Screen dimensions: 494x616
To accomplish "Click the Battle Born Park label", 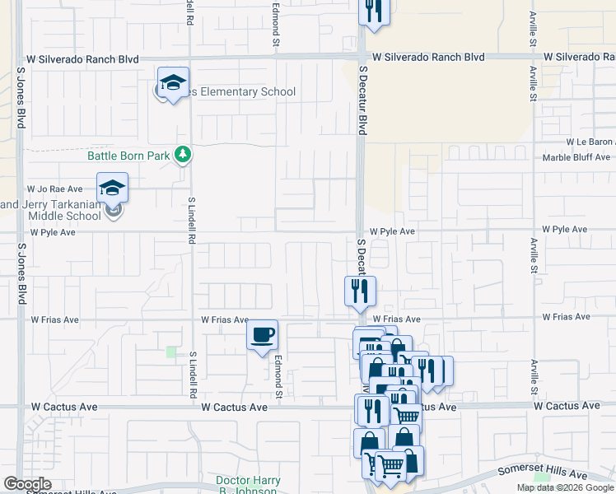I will (x=128, y=155).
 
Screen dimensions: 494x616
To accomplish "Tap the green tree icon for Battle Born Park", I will (x=187, y=154).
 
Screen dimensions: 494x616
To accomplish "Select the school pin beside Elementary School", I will (x=173, y=83).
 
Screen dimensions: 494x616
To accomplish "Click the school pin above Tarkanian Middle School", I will (x=112, y=189).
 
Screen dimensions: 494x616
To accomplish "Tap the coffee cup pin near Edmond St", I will (x=263, y=336).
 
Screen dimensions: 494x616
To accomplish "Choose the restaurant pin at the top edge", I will (x=373, y=12).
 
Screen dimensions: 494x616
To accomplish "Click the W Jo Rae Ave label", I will (x=55, y=189).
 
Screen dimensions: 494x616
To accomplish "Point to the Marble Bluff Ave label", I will (x=576, y=157).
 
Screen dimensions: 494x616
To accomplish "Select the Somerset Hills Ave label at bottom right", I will (x=543, y=475).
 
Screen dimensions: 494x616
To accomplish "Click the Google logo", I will (x=27, y=484).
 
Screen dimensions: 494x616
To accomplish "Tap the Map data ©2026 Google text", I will (x=566, y=487).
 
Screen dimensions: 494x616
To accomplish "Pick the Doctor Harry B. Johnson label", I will (x=249, y=485).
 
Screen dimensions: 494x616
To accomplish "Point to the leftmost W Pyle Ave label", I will (x=53, y=233).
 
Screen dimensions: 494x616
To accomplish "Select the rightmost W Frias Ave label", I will (x=566, y=317).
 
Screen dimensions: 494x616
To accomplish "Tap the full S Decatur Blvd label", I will (x=361, y=102).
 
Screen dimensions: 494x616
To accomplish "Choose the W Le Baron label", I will (x=586, y=142).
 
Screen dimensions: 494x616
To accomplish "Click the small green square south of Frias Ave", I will (x=170, y=352).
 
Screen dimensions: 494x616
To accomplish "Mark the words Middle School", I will (x=65, y=216).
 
